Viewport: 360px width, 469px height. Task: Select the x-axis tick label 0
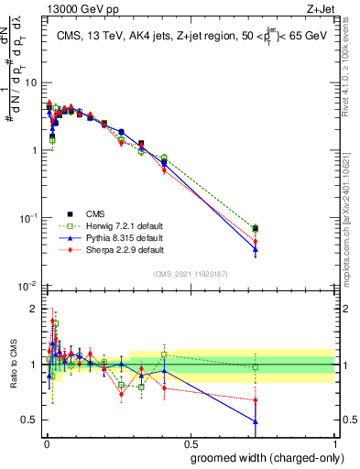(x=45, y=443)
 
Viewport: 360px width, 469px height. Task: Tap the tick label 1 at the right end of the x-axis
(x=334, y=443)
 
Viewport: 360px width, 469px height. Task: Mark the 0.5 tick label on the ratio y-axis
(x=31, y=420)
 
